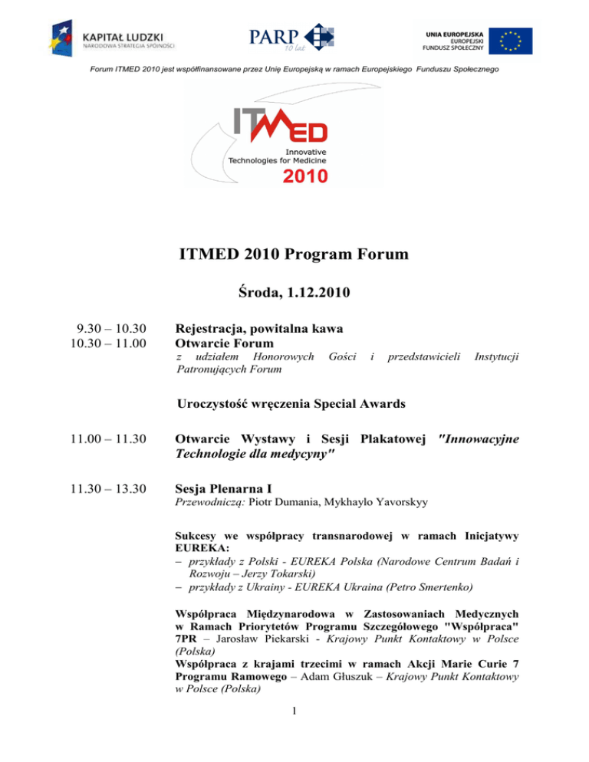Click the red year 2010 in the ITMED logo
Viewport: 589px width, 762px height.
tap(304, 176)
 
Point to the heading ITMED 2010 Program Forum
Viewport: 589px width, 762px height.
tap(294, 255)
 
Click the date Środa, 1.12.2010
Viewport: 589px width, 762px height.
tap(294, 294)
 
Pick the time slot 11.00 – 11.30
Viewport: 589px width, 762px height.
tap(92, 439)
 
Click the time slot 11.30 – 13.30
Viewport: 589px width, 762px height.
tap(92, 488)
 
